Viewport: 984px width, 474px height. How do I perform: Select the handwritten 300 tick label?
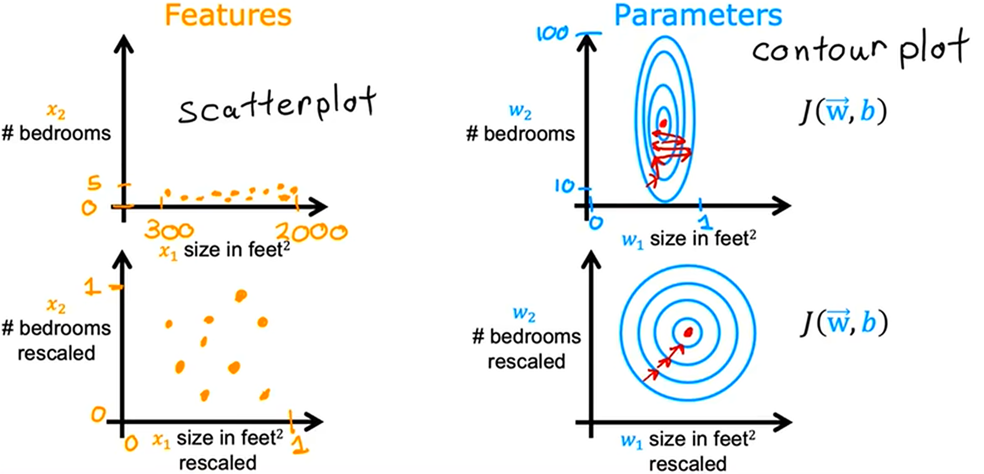169,230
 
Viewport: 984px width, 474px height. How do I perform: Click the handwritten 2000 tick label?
311,231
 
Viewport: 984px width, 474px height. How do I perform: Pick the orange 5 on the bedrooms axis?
94,183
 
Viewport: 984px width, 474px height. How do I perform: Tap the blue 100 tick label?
552,34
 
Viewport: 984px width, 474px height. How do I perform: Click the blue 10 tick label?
564,186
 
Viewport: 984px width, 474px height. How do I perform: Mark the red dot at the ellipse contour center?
664,123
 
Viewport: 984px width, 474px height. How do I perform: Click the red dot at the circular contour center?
688,332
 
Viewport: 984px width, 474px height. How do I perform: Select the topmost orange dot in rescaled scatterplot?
241,295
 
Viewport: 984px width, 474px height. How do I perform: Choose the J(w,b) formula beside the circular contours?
844,323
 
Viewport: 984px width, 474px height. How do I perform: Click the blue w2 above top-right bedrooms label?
520,111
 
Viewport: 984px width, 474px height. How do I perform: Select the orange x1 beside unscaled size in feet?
168,252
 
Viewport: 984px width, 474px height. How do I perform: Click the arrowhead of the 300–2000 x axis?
319,206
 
